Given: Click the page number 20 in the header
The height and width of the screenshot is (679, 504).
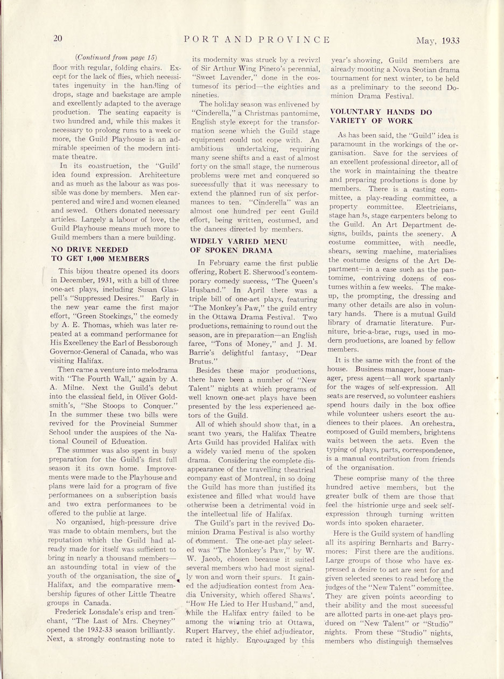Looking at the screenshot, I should tap(58, 38).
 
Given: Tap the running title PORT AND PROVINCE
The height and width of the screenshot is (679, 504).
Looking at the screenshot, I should tap(256, 39).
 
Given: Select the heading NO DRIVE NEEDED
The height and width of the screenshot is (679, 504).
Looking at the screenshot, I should tap(89, 249).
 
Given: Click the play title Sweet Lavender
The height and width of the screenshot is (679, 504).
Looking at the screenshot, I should tap(218, 77).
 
